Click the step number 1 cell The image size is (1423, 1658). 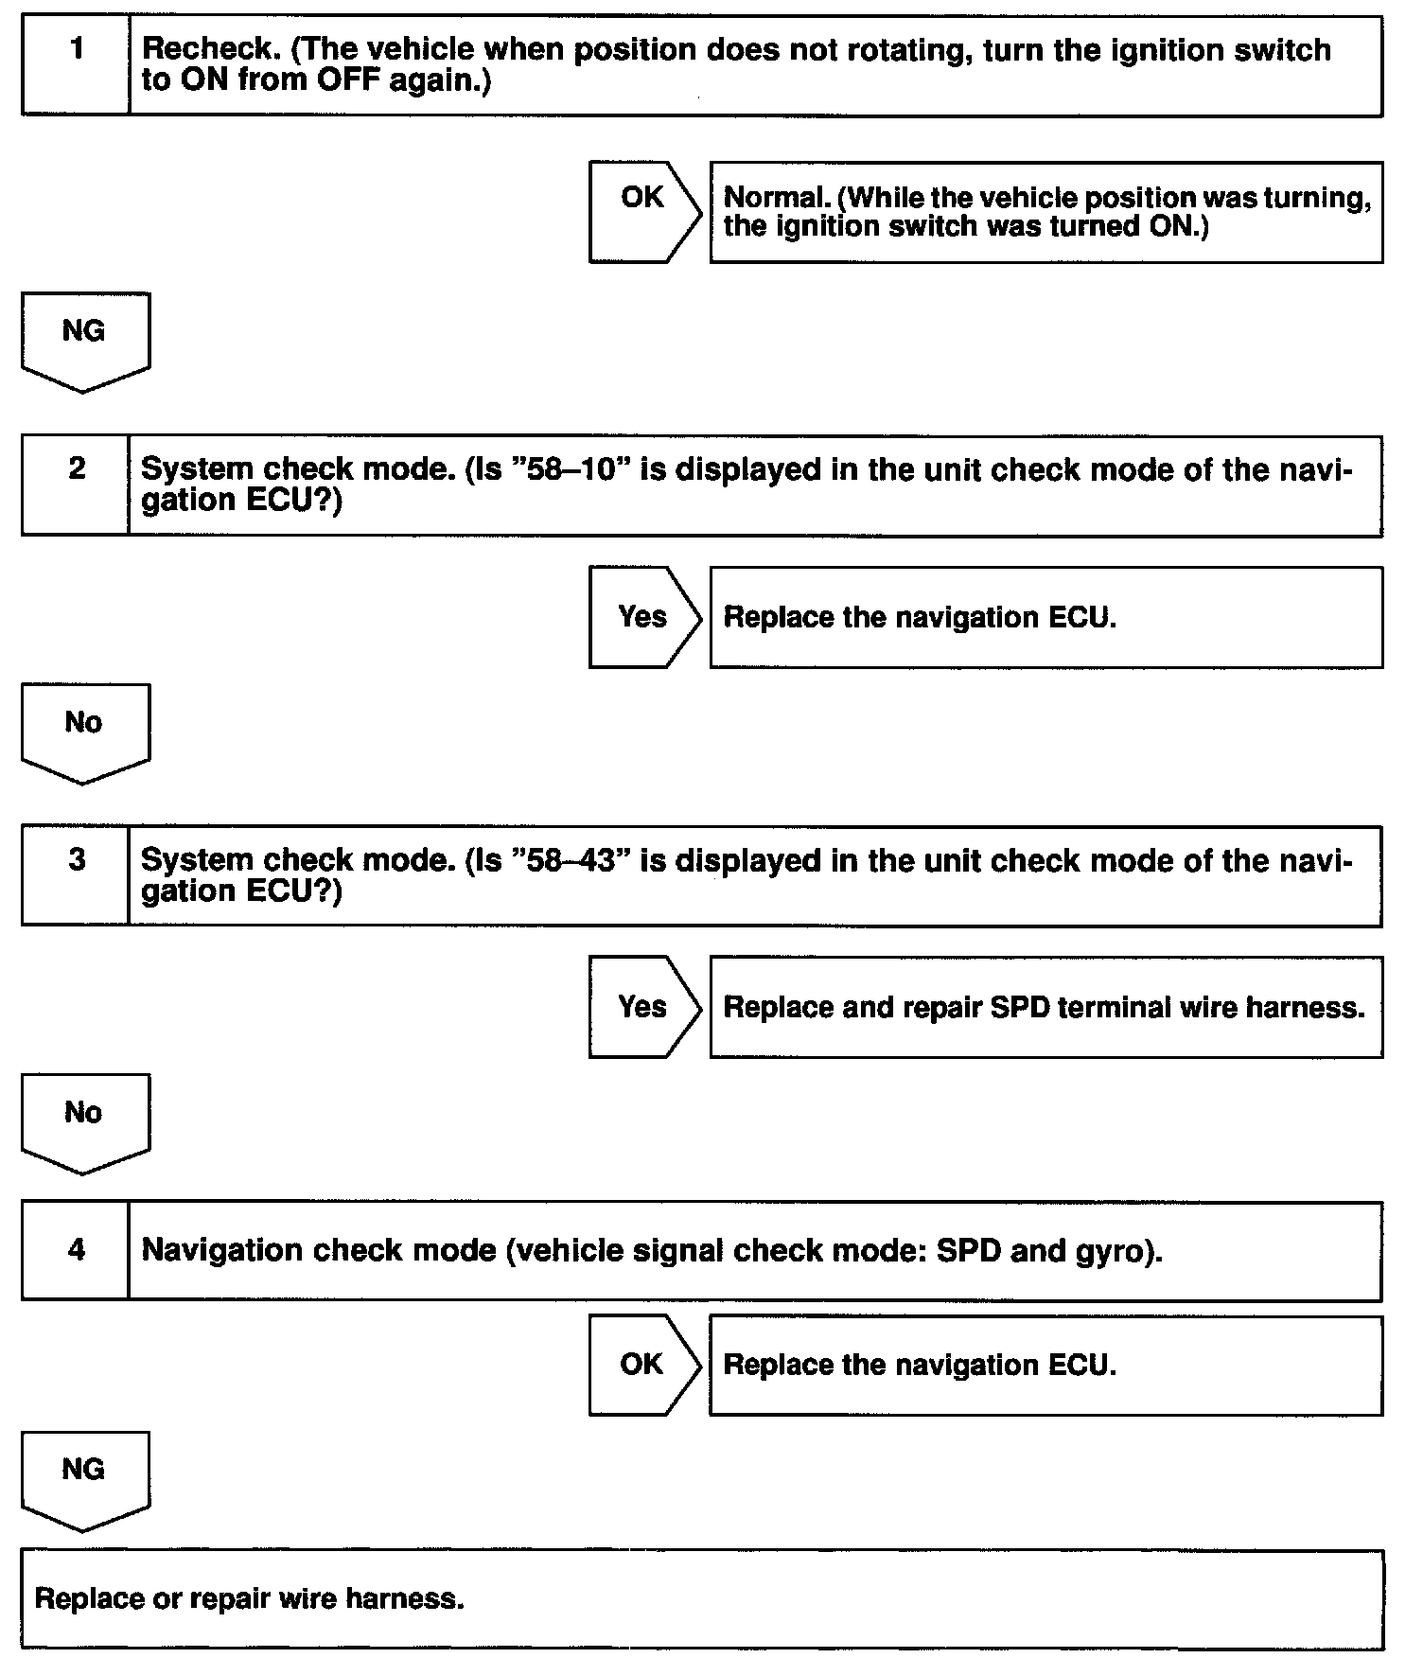[76, 64]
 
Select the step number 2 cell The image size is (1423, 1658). [76, 485]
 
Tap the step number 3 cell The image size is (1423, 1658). [76, 875]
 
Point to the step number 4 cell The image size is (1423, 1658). [76, 1250]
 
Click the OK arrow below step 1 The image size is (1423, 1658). [643, 211]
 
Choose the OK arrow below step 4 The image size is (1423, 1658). [643, 1365]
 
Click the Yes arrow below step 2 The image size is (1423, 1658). [643, 617]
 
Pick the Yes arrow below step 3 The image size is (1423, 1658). [643, 1007]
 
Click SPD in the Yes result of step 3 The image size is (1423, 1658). [1019, 1007]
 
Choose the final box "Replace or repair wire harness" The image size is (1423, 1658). [701, 1599]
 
